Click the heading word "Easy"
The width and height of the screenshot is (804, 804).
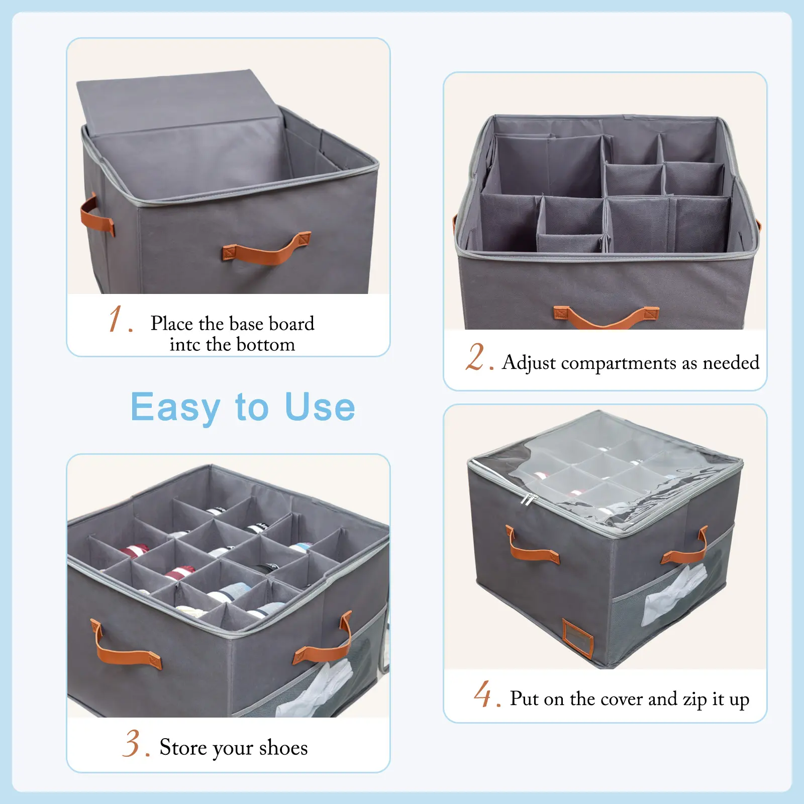(x=175, y=408)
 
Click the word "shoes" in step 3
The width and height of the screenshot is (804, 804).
(x=283, y=748)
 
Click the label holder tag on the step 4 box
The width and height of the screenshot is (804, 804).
(x=578, y=638)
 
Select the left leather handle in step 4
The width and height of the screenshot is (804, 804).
(x=531, y=548)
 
